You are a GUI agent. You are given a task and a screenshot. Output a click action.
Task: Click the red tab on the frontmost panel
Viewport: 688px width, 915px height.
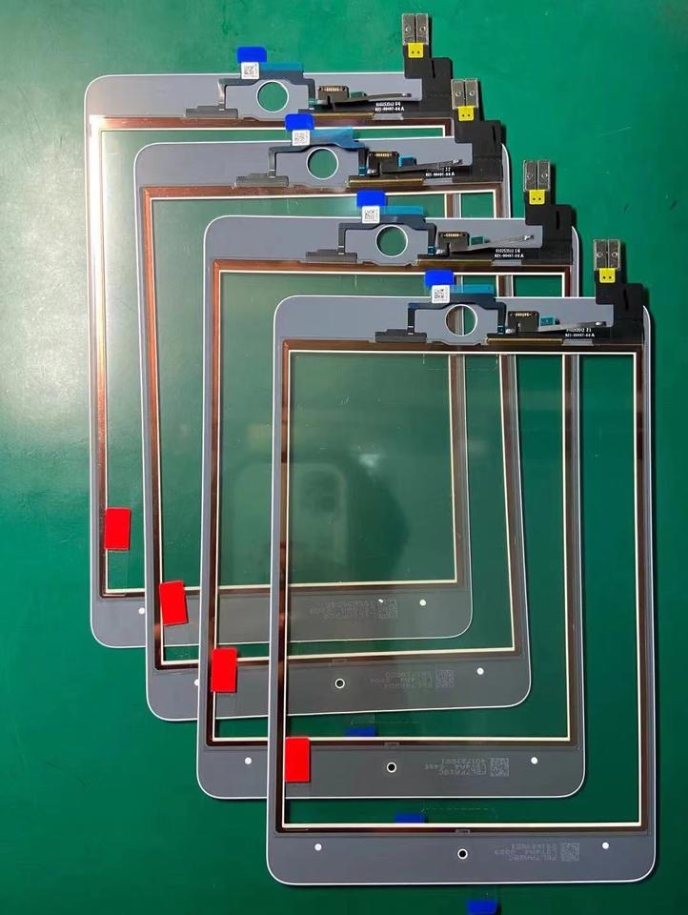tap(297, 760)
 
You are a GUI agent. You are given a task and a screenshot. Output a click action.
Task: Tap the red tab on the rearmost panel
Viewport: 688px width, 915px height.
tap(117, 529)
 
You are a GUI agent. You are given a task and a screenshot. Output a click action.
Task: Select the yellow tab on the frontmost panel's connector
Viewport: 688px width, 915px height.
tap(607, 277)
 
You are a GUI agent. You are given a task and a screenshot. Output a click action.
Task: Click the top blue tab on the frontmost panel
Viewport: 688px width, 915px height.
tap(438, 278)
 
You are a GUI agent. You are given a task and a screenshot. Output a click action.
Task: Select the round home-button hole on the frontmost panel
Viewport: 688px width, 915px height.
tap(461, 321)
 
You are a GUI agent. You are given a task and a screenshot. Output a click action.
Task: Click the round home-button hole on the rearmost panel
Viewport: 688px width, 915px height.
tap(272, 95)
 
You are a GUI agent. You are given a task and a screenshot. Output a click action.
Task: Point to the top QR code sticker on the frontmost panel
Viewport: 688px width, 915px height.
tap(440, 295)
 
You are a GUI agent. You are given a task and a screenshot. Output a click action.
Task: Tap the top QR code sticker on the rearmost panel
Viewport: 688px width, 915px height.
tap(249, 70)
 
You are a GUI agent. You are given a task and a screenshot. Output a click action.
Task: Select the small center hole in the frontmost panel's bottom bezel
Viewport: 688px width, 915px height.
tap(462, 854)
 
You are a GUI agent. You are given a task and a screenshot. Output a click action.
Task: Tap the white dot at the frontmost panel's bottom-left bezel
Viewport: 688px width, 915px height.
tap(317, 846)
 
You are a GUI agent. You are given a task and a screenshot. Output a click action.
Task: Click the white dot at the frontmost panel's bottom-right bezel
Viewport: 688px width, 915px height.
tap(605, 844)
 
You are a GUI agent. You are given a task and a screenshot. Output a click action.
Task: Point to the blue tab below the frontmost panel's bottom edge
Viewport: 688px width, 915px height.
tap(480, 906)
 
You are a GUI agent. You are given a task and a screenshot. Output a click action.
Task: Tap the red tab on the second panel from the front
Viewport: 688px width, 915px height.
tap(224, 670)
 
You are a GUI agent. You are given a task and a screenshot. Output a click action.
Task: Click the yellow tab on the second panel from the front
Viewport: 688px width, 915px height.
tap(537, 197)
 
